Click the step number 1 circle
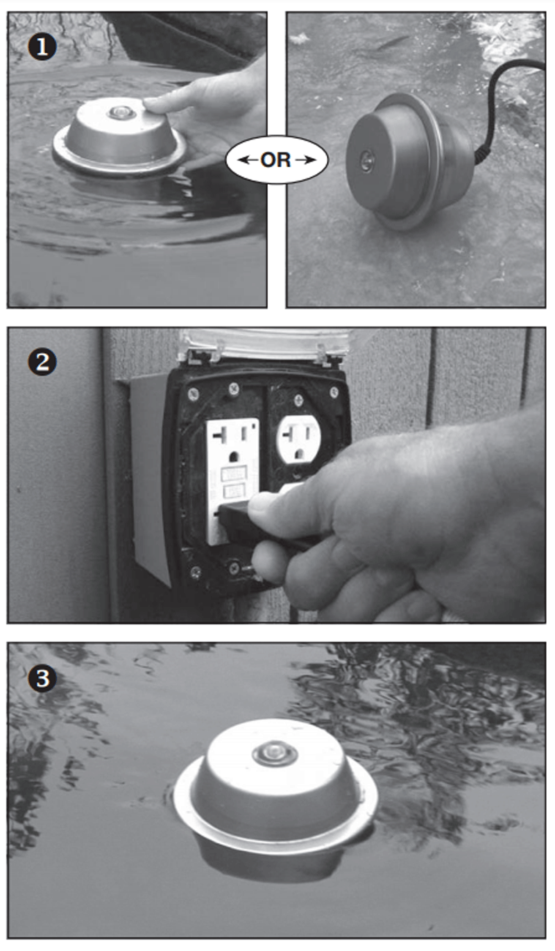(x=42, y=47)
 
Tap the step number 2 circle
(x=42, y=363)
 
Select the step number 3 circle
(x=42, y=678)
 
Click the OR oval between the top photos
(x=276, y=160)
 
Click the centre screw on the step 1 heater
(x=121, y=113)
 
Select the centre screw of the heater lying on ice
(x=364, y=163)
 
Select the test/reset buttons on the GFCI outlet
(x=233, y=483)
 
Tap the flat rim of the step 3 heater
(x=276, y=821)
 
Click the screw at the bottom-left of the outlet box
(x=196, y=572)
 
